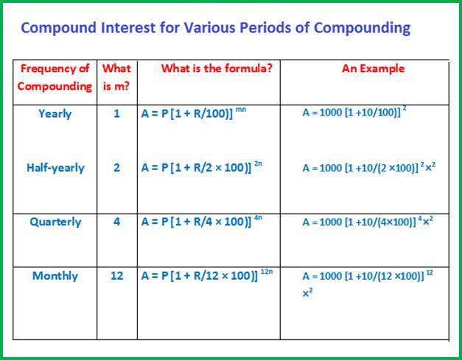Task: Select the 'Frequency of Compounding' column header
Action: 55,77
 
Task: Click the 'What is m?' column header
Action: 116,77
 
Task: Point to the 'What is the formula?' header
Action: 216,68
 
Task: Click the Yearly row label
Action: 55,114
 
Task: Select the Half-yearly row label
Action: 55,168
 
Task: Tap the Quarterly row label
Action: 55,222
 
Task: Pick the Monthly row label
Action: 55,276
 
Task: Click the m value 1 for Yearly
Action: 116,114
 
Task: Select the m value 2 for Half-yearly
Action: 116,168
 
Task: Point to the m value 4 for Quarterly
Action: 116,222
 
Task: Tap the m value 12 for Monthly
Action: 116,276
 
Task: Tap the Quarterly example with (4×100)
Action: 367,222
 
